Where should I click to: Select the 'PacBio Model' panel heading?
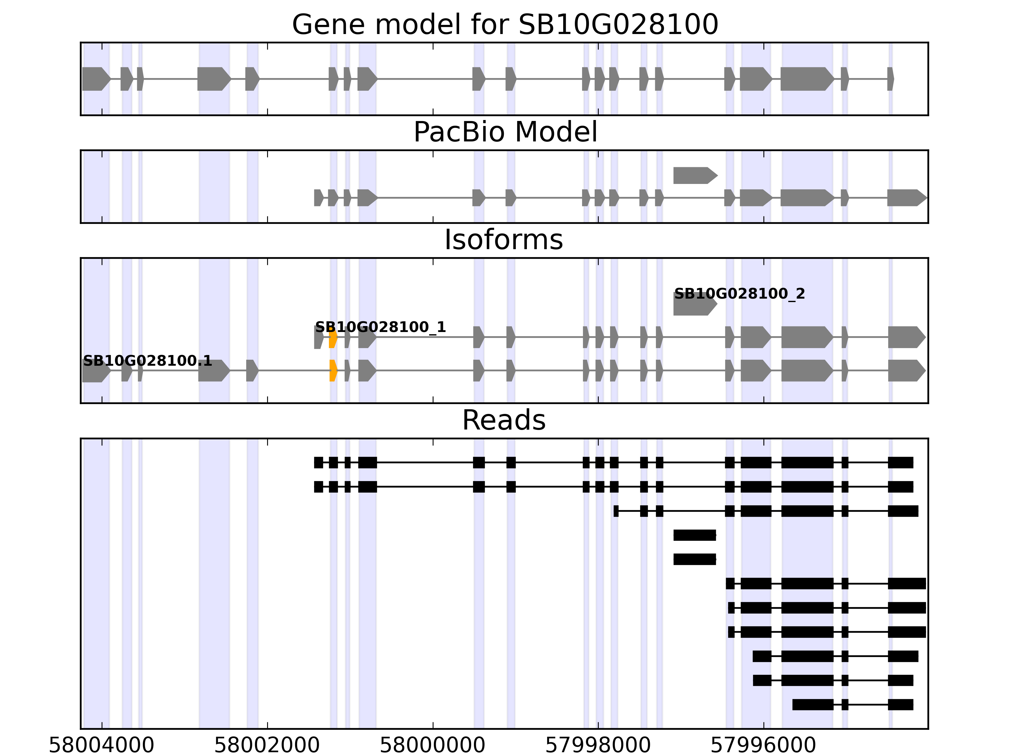tap(504, 132)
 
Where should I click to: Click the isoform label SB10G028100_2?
tap(739, 294)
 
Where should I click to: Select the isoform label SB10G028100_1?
tap(381, 327)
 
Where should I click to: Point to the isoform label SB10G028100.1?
tap(147, 361)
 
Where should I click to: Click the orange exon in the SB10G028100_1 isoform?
tap(333, 338)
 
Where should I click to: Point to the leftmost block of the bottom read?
tap(812, 705)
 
